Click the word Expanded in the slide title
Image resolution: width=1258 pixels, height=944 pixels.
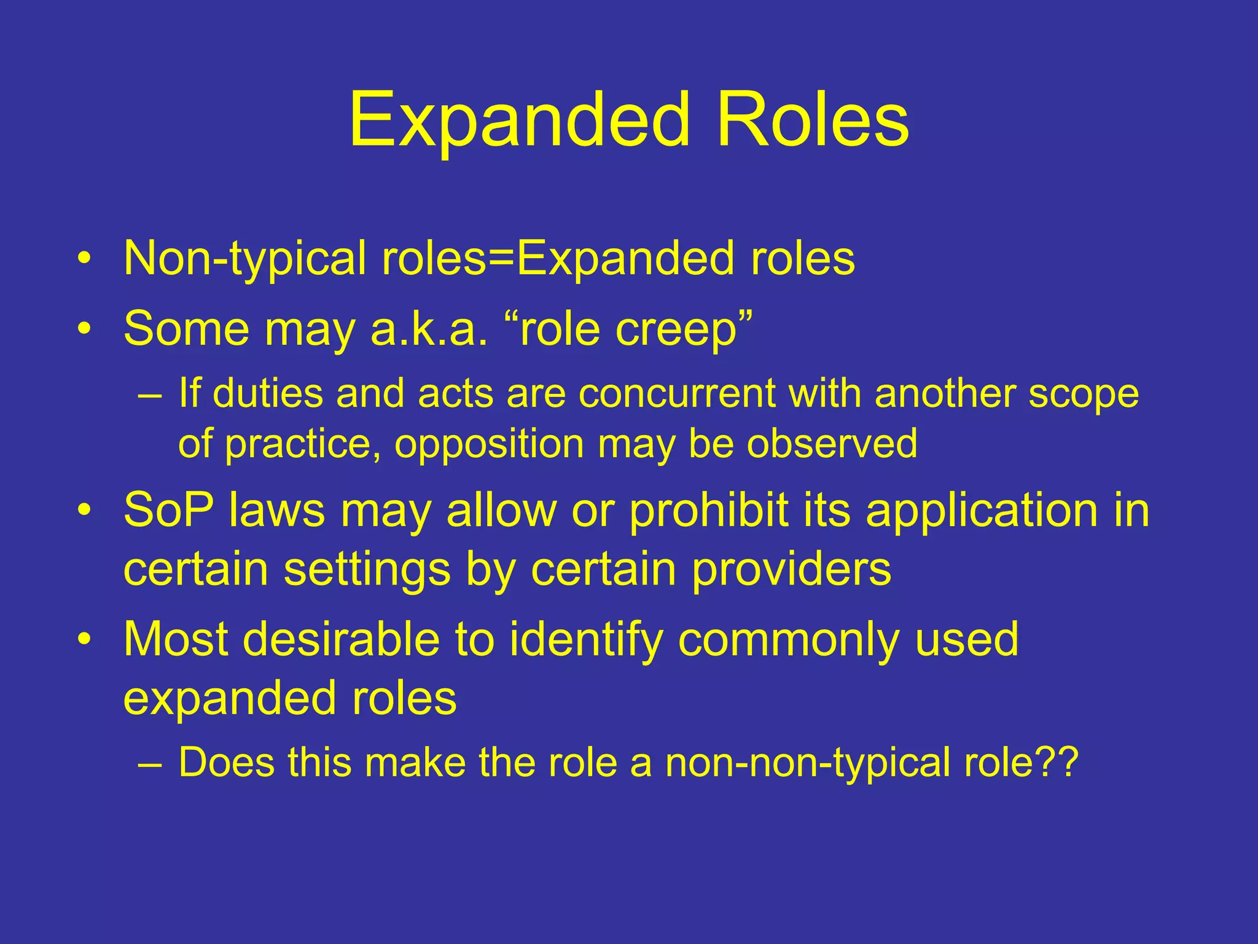[x=520, y=120]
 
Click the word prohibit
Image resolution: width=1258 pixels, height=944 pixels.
[x=709, y=511]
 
